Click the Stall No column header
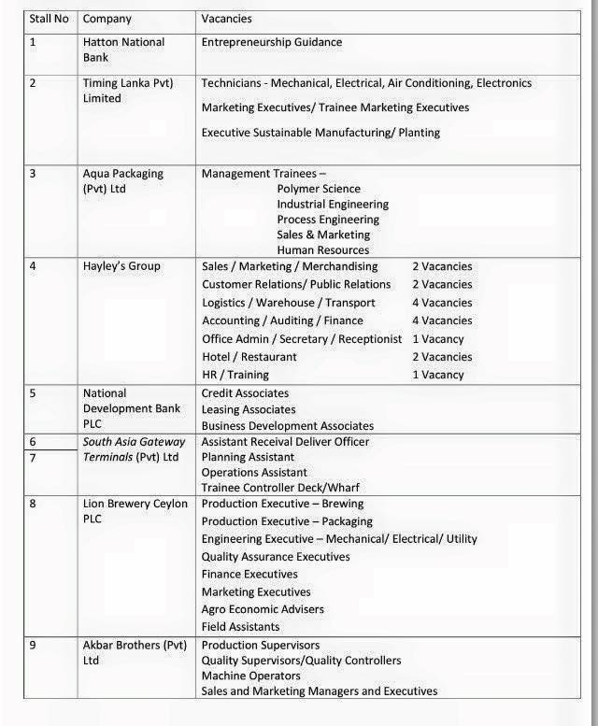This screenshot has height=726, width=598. [49, 19]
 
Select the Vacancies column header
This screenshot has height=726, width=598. [227, 19]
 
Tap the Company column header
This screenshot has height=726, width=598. [107, 19]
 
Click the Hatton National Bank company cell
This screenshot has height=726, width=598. [123, 50]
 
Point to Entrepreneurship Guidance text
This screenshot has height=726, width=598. [272, 42]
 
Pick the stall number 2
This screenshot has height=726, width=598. [33, 83]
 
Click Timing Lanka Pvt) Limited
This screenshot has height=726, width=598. [128, 91]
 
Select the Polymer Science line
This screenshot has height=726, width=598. [319, 189]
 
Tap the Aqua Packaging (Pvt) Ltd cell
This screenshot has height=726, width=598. [122, 181]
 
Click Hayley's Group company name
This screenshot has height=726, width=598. [121, 266]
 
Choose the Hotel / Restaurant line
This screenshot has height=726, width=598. [249, 357]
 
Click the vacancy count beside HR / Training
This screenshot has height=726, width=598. [438, 375]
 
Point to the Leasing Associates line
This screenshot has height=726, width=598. [249, 409]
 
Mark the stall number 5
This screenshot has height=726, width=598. [33, 393]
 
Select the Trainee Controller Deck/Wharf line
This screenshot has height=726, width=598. [280, 488]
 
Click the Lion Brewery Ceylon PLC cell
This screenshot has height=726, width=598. [135, 511]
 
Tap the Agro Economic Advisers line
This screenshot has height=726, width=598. [263, 609]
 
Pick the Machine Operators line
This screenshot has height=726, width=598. [251, 676]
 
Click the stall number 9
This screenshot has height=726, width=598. [33, 645]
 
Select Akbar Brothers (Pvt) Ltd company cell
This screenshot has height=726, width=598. [135, 652]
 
